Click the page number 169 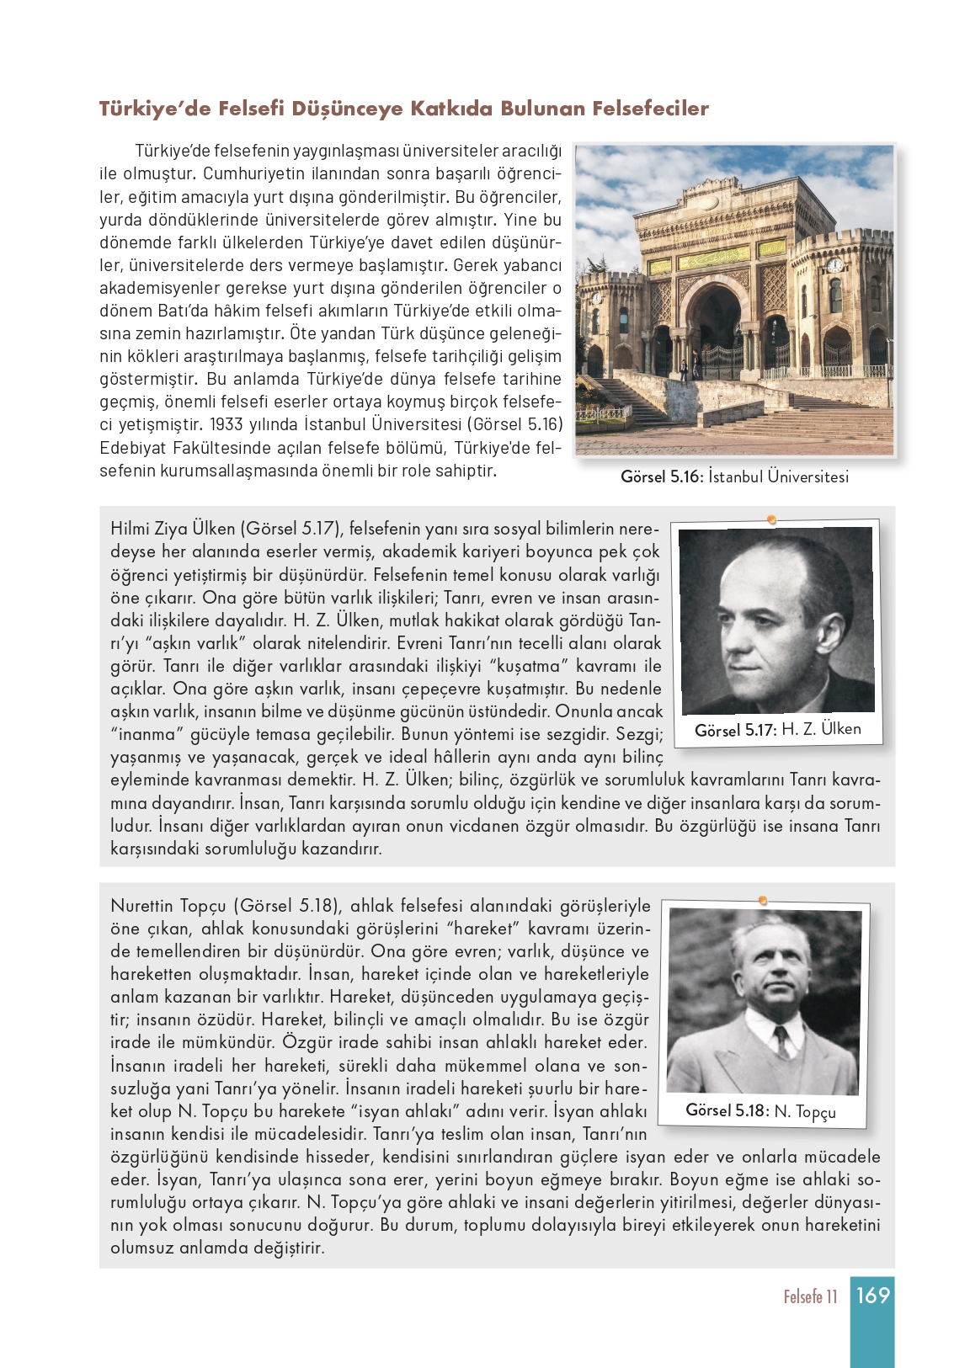pyautogui.click(x=872, y=1295)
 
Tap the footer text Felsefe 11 pyautogui.click(x=810, y=1296)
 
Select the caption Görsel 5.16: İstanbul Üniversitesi pyautogui.click(x=734, y=476)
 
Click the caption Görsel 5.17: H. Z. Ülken pyautogui.click(x=777, y=729)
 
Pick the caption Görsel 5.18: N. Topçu pyautogui.click(x=760, y=1110)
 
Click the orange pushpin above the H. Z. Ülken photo pyautogui.click(x=771, y=519)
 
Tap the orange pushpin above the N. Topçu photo pyautogui.click(x=762, y=901)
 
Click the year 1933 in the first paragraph pyautogui.click(x=227, y=424)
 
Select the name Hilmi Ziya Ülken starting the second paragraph pyautogui.click(x=173, y=530)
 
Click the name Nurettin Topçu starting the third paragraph pyautogui.click(x=168, y=907)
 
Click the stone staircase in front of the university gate pyautogui.click(x=758, y=413)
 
